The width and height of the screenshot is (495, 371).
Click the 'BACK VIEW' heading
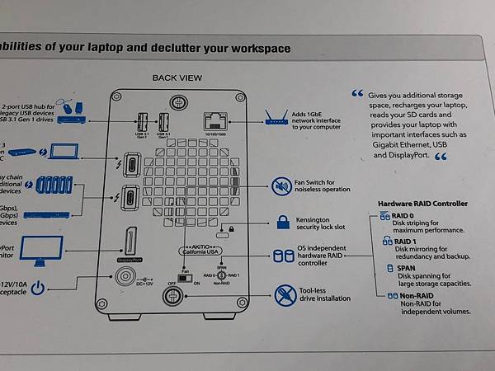[x=177, y=78]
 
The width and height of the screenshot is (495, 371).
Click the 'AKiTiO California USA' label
[x=206, y=251]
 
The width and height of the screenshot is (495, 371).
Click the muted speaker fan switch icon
[x=281, y=185]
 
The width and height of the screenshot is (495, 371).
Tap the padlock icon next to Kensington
[x=282, y=222]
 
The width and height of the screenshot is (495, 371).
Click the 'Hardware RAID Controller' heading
[x=422, y=204]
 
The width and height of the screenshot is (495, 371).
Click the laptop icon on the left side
[x=64, y=152]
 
